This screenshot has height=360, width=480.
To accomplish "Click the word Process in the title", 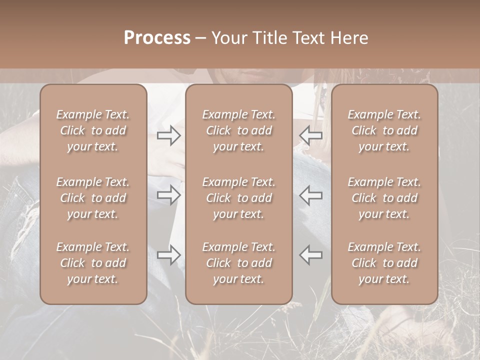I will point(157,38).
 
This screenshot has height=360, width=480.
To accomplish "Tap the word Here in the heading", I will point(351,38).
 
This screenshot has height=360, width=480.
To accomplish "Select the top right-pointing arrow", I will point(168,135).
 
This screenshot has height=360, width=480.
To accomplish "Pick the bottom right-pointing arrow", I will point(168,254).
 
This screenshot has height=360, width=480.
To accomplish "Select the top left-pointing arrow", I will point(311,135).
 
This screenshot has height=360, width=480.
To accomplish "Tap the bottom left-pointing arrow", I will point(311,254).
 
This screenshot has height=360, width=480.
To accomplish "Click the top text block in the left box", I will point(93,130).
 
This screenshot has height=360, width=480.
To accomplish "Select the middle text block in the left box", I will point(93,198).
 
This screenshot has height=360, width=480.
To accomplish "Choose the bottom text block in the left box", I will point(93,263).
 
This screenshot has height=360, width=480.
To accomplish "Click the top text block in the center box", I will point(238,130).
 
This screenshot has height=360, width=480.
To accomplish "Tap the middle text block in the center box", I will point(238,198).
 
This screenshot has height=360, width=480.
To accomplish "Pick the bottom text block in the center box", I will point(238,263).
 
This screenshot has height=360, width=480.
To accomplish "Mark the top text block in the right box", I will point(384,130).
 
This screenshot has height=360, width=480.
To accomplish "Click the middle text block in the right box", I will point(384,198).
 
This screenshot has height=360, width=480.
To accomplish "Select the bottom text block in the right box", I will point(384,263).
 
